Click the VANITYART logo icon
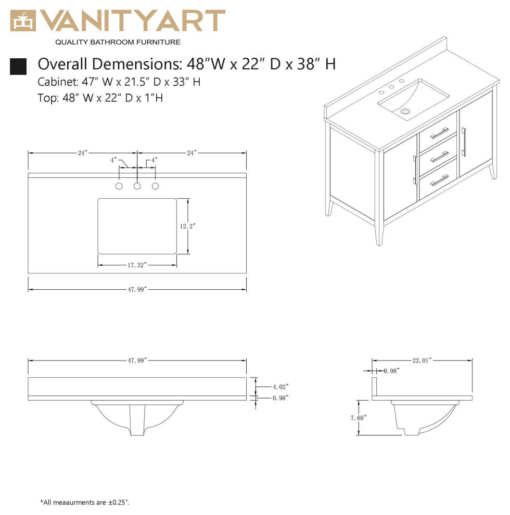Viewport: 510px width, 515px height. [x=23, y=21]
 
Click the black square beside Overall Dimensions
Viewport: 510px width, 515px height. [x=18, y=66]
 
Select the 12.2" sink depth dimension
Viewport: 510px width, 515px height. [x=188, y=226]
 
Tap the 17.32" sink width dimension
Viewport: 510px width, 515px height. [x=137, y=265]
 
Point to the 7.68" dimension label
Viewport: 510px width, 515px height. [x=359, y=417]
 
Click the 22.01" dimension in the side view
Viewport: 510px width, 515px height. [x=422, y=360]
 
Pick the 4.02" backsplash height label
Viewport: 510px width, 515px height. [x=280, y=387]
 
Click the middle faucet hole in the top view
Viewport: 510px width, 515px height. [x=137, y=186]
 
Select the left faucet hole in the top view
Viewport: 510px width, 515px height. [x=119, y=186]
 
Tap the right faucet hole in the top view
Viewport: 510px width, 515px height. [x=155, y=186]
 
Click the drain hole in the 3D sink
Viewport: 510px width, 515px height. [x=405, y=111]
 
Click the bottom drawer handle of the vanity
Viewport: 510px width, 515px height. [x=440, y=180]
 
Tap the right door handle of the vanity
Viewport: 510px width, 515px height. [x=464, y=141]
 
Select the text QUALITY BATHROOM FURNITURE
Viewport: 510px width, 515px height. [x=118, y=42]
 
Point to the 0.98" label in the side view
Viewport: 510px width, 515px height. [x=391, y=371]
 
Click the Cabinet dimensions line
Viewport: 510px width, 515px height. [x=119, y=82]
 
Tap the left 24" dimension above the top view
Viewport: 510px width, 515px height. [x=82, y=153]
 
